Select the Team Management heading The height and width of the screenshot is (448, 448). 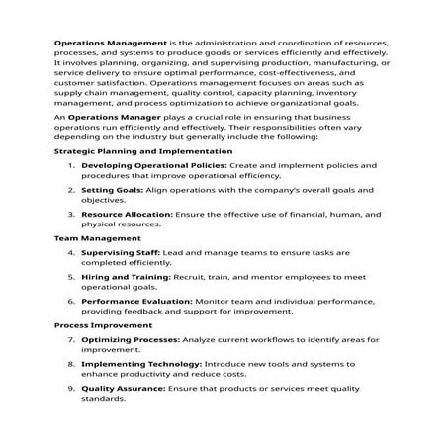point(97,238)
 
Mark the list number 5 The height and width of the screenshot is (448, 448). point(70,276)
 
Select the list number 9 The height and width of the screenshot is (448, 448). point(70,388)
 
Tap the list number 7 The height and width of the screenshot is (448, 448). point(70,339)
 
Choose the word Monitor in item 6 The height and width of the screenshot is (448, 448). point(220,300)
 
